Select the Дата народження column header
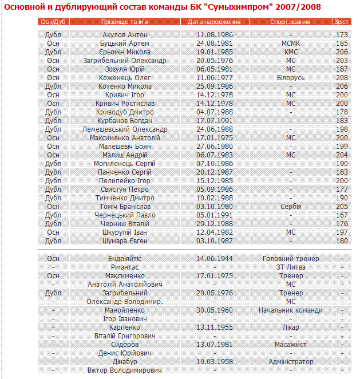[x=215, y=22]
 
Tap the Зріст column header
[x=342, y=22]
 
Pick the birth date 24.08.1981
[x=215, y=43]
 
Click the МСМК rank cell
[x=291, y=43]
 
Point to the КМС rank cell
[x=291, y=52]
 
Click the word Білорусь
[x=291, y=77]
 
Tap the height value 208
[x=342, y=77]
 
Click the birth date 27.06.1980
[x=215, y=147]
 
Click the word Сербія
[x=291, y=207]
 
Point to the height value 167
[x=342, y=215]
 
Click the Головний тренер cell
[x=291, y=259]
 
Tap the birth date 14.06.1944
[x=215, y=259]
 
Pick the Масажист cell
[x=291, y=345]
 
